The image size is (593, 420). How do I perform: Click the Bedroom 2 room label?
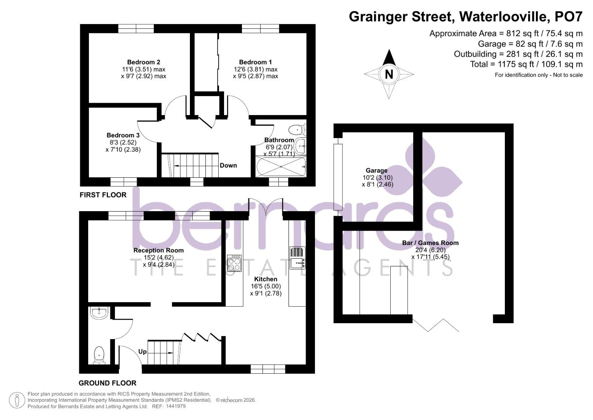coord(144,62)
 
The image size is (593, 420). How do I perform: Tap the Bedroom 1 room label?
coord(256,62)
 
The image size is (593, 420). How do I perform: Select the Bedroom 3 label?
coord(123,135)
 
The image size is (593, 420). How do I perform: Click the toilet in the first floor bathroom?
coord(298,128)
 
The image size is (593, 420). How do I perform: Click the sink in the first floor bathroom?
coord(301,146)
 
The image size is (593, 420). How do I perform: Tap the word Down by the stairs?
coord(228,165)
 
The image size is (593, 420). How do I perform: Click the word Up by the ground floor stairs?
coord(143,352)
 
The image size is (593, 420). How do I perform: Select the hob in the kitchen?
coord(234,263)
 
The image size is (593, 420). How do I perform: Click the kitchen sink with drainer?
coord(297,258)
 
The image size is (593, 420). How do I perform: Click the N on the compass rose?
coord(389,74)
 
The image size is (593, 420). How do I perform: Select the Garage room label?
coord(377,170)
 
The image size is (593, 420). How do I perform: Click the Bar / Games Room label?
coord(430,243)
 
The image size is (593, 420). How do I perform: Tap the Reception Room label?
coord(158,250)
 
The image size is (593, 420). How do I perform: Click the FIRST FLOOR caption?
coord(103,195)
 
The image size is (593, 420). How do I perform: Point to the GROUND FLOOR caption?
coord(108,383)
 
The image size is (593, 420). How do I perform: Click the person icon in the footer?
coord(17,400)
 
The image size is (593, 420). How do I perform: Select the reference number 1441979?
coord(176,406)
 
